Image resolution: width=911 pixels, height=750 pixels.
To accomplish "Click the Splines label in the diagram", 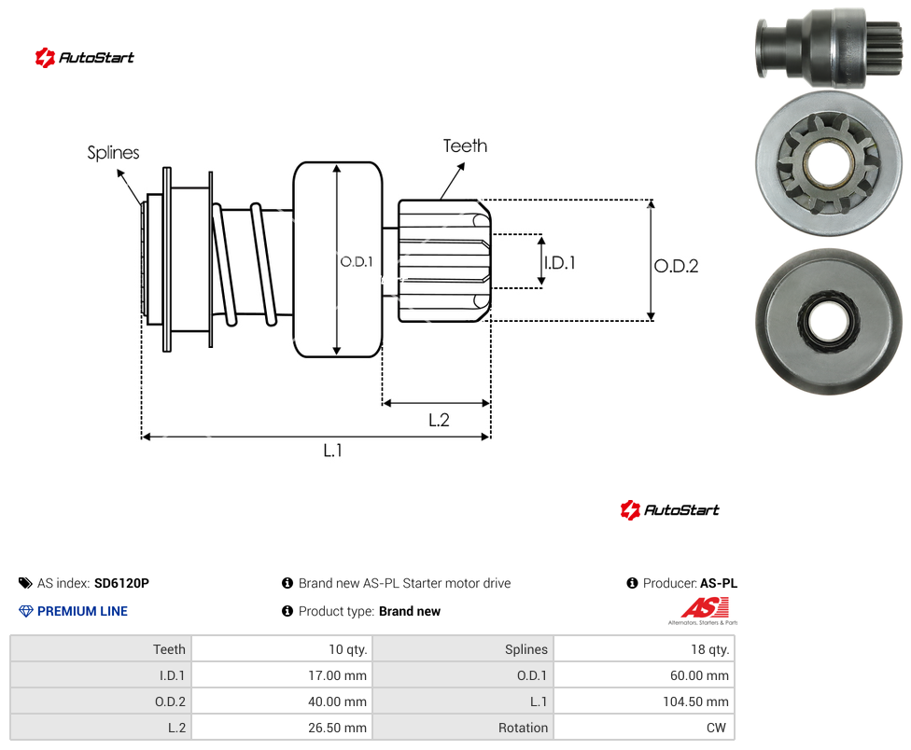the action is point(113,153).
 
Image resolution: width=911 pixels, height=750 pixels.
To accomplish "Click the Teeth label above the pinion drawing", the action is point(465,146).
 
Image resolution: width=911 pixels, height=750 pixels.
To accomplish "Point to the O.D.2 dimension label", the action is point(677,266).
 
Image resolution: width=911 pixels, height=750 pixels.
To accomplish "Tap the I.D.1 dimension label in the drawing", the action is point(559,263).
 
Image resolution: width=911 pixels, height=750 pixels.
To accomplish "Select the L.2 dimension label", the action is point(439,420).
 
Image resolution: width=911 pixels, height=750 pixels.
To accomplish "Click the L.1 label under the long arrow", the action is point(332,450).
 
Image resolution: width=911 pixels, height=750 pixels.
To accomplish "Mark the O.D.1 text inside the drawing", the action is point(357,262).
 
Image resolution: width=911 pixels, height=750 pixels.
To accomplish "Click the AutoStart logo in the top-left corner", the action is point(85,58).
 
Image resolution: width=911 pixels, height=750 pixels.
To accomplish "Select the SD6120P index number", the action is point(121,583).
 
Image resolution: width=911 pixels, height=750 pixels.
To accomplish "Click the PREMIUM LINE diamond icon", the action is point(26,611).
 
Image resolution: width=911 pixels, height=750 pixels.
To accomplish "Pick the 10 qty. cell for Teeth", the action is point(282,649).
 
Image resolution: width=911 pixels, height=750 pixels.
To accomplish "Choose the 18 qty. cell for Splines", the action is point(644,649).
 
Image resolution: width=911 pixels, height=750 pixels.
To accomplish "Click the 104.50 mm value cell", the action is point(644,701).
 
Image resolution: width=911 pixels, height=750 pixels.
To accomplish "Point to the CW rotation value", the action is point(716,728).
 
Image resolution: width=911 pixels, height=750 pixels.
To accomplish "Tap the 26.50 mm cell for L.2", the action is point(282,728).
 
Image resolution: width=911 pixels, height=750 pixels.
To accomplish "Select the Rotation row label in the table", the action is point(523,728).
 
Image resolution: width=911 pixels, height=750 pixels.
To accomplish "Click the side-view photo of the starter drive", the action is point(830,48).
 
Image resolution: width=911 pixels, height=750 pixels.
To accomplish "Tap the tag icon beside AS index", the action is point(25,583).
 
